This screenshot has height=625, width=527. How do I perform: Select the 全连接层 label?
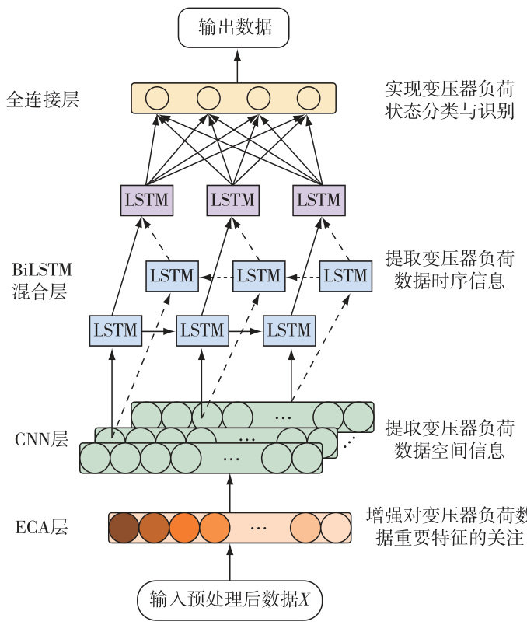42,99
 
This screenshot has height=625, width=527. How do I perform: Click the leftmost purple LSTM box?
146,200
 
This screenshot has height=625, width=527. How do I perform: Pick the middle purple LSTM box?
232,200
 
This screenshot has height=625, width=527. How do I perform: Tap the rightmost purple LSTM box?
319,200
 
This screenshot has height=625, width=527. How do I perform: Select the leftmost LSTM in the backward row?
172,275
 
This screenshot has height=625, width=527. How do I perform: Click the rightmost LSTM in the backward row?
345,275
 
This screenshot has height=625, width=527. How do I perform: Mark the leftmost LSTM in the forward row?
115,330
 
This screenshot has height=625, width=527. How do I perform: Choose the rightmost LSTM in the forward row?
288,330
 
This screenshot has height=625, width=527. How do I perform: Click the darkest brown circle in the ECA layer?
124,527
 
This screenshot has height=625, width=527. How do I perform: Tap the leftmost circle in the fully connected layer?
158,98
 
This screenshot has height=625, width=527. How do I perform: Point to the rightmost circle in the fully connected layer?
308,98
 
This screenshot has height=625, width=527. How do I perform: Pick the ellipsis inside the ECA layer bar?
259,527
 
